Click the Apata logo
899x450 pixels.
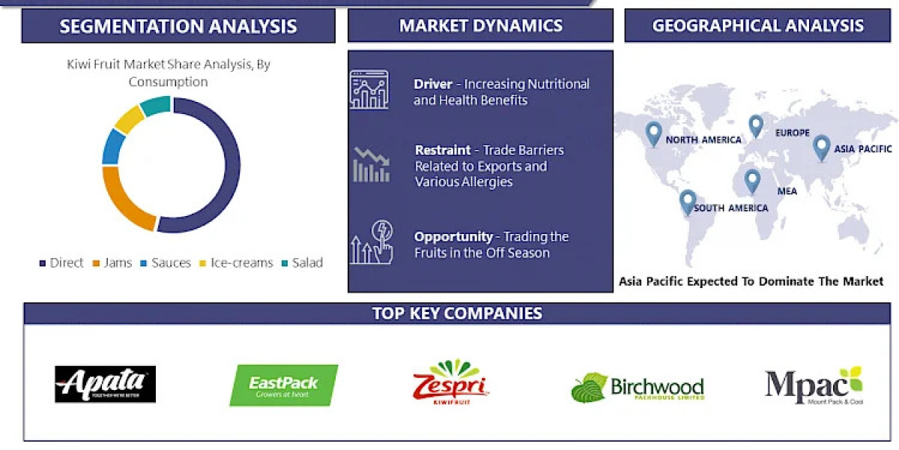[105, 384]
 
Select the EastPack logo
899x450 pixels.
[283, 385]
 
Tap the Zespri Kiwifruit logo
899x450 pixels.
[451, 382]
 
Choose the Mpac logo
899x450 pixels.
[814, 385]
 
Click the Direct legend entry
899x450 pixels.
[61, 263]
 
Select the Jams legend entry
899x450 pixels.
[112, 263]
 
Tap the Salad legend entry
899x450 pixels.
[303, 263]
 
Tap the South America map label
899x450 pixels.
[730, 208]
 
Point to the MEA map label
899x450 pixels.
[787, 191]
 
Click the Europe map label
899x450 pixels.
[792, 133]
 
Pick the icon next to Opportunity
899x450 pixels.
[372, 241]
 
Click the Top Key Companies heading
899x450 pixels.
[457, 313]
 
